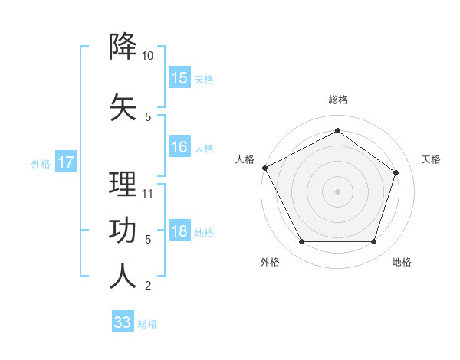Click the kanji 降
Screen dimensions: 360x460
[x=123, y=47]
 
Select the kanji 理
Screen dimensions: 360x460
[x=123, y=185]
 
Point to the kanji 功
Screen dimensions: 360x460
[x=123, y=230]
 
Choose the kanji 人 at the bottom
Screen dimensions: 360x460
[x=123, y=276]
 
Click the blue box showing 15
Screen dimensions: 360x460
[x=179, y=78]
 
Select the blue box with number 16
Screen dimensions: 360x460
[x=179, y=148]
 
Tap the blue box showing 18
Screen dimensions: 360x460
[x=179, y=232]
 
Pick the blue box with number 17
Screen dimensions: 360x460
[x=65, y=162]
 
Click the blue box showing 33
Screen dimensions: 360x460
[x=123, y=322]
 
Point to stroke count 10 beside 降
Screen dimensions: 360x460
[x=148, y=57]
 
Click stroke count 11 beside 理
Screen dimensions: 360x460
[x=148, y=194]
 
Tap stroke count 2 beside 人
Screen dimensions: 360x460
[x=148, y=286]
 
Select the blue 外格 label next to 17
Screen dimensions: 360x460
[x=41, y=163]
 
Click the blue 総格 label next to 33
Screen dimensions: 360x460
[x=147, y=324]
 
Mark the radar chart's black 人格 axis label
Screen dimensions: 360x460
[x=245, y=159]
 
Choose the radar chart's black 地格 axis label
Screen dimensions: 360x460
[x=402, y=263]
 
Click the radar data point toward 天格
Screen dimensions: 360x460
[x=396, y=172]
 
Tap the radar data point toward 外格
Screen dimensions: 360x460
[x=301, y=242]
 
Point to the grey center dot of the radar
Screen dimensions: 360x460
[x=337, y=191]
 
